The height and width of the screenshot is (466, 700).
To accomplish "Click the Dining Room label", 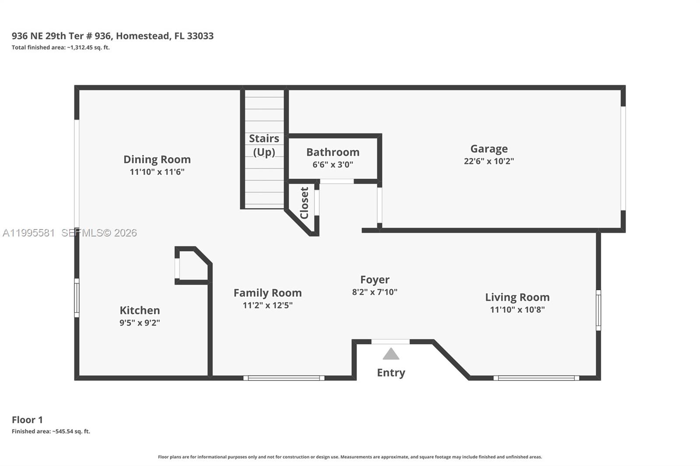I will click(x=157, y=160).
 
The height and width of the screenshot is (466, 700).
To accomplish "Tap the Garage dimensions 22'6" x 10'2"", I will click(x=489, y=161).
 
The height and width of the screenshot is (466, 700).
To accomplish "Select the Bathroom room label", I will click(x=332, y=152).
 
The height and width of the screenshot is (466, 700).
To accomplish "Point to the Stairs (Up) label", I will click(x=264, y=145).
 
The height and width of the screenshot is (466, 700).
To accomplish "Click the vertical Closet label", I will click(x=304, y=203).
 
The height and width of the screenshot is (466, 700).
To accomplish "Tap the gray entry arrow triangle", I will click(x=391, y=354).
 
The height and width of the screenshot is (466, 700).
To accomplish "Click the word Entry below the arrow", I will click(x=391, y=372).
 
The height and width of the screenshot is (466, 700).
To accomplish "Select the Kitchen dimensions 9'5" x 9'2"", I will click(x=140, y=323).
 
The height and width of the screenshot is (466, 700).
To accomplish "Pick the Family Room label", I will click(x=267, y=293).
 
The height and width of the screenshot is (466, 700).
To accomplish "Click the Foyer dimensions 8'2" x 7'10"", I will click(x=374, y=292).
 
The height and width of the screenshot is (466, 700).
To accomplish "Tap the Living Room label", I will click(x=517, y=297).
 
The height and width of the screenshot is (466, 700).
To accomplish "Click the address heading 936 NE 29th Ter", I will click(x=112, y=36).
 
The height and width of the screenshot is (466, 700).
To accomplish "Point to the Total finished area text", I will click(x=60, y=48).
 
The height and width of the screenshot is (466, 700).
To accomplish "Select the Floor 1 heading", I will click(x=27, y=420).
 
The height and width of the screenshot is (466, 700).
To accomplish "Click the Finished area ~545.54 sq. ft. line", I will click(x=51, y=431).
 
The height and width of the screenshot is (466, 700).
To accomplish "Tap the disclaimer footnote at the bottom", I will click(x=350, y=457).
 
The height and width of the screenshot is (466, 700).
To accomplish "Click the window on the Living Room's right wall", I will click(x=598, y=310).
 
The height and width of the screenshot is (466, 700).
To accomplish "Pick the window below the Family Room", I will click(x=284, y=378).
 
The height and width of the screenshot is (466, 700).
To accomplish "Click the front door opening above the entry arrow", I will click(x=390, y=342).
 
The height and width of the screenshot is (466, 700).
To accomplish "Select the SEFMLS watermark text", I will click(x=99, y=233).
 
